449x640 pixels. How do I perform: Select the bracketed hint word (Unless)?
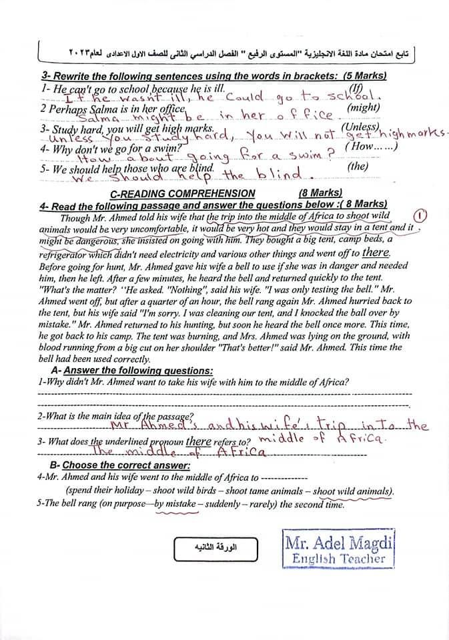click(360, 126)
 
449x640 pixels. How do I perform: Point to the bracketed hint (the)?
click(358, 167)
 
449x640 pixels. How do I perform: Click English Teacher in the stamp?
click(340, 559)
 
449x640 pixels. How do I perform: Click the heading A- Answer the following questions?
click(132, 371)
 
